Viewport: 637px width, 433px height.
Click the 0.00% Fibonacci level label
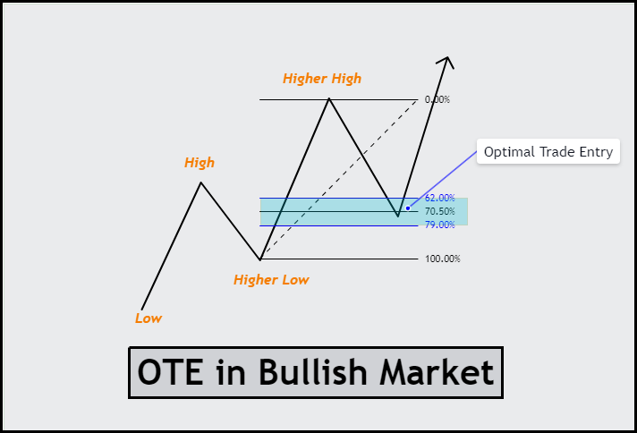[437, 99]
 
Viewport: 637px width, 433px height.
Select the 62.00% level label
[439, 198]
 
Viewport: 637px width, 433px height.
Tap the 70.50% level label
[439, 211]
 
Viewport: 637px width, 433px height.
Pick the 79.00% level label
[439, 225]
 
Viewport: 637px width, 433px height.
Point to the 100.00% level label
[442, 259]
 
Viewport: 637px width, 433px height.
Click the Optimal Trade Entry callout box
[548, 151]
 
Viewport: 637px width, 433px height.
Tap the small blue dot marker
[408, 208]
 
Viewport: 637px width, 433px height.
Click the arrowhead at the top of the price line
[447, 57]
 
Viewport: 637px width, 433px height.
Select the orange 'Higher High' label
[322, 79]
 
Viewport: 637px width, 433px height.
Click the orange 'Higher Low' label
[271, 280]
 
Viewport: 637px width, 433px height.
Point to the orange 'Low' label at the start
[149, 318]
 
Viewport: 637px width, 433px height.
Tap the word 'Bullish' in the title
[312, 372]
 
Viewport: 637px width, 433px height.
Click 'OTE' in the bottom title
[170, 372]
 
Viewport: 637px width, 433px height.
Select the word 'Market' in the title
[437, 372]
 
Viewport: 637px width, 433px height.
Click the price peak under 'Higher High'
[329, 98]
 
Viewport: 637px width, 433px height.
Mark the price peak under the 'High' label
[200, 183]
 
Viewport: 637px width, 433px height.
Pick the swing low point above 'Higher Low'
[260, 259]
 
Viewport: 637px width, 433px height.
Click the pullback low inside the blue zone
[398, 216]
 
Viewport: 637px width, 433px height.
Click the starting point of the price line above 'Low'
[141, 310]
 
